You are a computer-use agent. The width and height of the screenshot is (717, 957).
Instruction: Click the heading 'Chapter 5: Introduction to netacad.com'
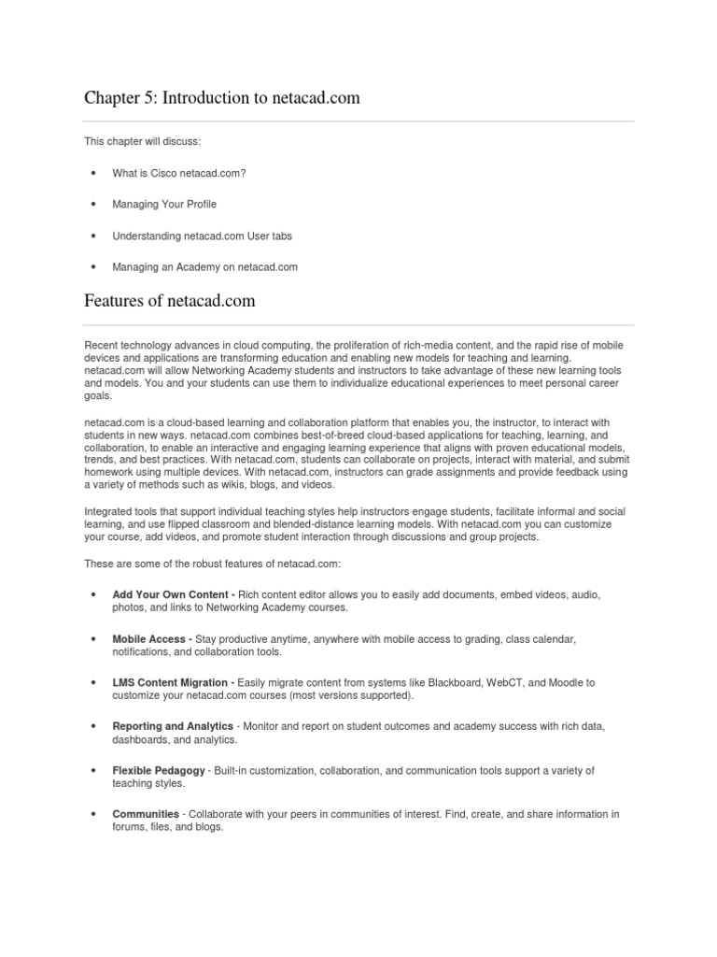click(x=222, y=97)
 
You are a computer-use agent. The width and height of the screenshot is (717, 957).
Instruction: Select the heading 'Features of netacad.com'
click(x=170, y=301)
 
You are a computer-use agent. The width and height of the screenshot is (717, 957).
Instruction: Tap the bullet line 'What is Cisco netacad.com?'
click(x=179, y=173)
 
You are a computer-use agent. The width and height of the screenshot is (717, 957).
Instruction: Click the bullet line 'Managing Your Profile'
click(x=164, y=204)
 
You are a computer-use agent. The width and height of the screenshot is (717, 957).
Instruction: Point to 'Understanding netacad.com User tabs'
click(x=203, y=236)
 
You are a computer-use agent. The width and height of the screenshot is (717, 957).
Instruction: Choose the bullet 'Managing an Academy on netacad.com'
click(x=204, y=267)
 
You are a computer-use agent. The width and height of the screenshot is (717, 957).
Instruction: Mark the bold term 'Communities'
click(x=146, y=814)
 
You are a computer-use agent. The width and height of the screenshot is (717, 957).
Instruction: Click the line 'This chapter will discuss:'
click(x=142, y=141)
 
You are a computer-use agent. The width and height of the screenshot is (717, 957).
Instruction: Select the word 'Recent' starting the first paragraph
click(x=100, y=346)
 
